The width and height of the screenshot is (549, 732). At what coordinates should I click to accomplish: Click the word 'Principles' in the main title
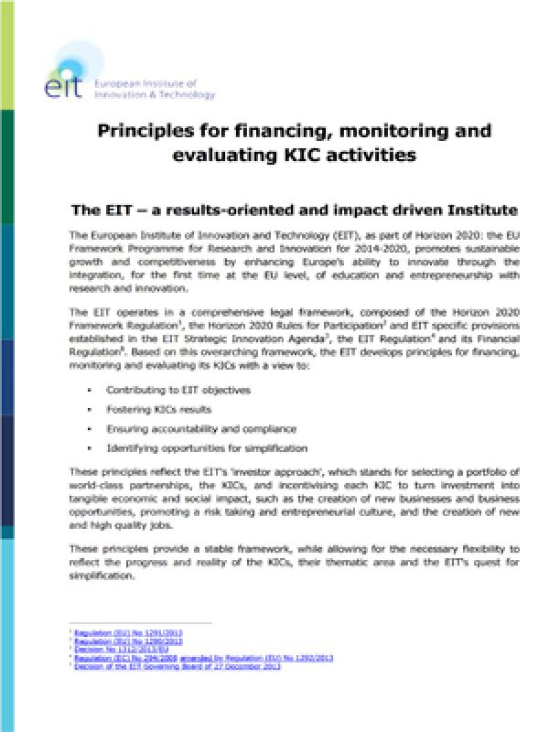coord(150,132)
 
